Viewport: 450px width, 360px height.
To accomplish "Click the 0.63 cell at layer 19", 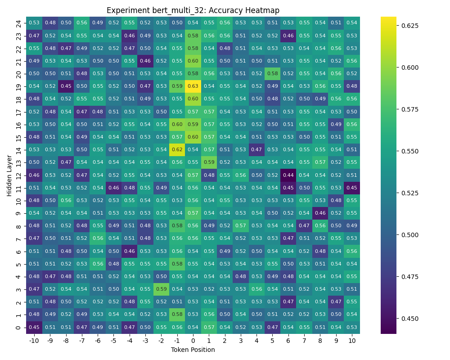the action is pos(193,86).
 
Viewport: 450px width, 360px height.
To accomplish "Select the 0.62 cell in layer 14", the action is pos(177,149).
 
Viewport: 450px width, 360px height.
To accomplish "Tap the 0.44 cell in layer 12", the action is pos(288,175).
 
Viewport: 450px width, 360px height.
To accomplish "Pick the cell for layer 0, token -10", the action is pos(34,327).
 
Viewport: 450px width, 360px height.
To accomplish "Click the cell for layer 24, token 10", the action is pos(352,22).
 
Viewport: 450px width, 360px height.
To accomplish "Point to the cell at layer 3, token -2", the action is pos(161,289).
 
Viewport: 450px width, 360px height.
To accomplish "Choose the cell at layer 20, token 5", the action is pos(272,73).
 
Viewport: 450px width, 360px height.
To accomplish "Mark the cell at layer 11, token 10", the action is pos(352,188).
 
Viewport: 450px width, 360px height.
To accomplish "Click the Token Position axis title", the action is pos(193,350).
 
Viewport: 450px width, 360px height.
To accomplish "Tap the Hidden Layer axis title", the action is pos(9,175).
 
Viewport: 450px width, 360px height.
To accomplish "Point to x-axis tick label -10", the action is pos(34,341).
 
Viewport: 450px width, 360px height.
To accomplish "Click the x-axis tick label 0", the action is pos(193,341).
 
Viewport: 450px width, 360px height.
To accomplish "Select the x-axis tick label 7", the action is pos(304,341).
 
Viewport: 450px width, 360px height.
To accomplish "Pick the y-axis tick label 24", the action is pos(18,22).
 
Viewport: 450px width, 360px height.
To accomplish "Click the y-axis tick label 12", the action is pos(18,175).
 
